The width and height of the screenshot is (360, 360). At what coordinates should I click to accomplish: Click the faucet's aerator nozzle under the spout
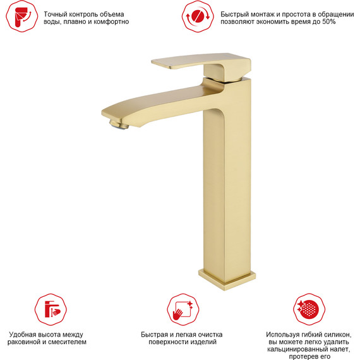pos(119,124)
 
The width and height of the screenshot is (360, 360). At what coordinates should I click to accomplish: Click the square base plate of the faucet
pos(227,280)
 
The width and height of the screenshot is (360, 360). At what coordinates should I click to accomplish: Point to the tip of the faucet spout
pos(102,112)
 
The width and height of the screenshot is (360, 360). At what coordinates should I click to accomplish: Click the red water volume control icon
pos(22,16)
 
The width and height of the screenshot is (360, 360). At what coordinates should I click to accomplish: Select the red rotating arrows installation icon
pos(198,16)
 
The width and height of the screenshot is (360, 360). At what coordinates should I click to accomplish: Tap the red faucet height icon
pos(51,309)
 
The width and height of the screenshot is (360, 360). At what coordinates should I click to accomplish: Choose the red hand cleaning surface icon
pos(183,309)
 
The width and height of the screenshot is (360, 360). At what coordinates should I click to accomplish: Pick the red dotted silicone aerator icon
pos(309,309)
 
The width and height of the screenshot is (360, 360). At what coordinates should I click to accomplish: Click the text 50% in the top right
pos(329,22)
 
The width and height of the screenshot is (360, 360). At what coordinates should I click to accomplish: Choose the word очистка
pos(210,335)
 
